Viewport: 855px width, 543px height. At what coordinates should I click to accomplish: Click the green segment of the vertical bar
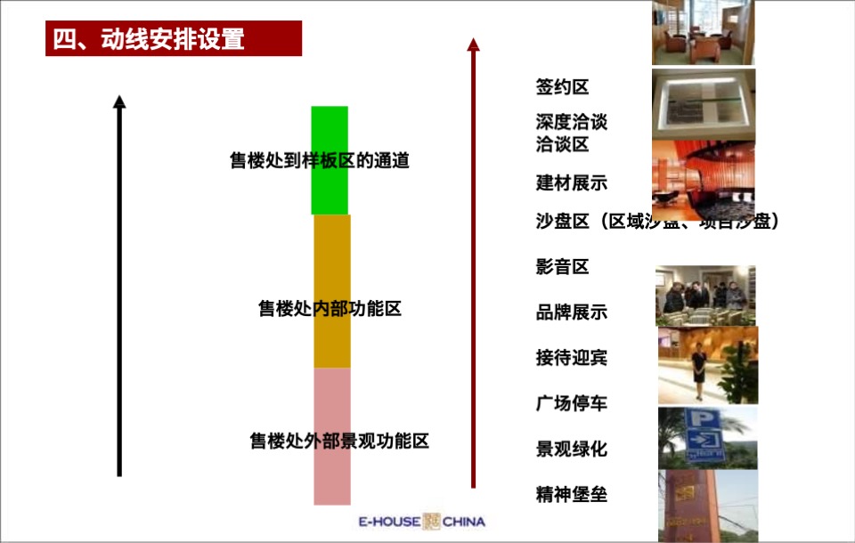point(330,134)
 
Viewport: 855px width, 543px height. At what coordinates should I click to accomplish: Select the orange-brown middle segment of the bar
point(331,267)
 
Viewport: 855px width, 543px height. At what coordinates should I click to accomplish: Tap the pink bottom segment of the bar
point(331,472)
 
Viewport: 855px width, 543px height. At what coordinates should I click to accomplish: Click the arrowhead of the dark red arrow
point(473,44)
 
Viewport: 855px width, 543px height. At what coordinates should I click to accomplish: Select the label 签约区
point(562,87)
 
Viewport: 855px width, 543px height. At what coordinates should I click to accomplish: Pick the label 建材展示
point(571,182)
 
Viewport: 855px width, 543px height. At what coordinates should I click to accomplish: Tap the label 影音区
point(562,266)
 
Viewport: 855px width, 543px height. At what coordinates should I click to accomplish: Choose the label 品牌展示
point(571,312)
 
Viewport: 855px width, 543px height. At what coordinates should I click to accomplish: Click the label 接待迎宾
point(571,358)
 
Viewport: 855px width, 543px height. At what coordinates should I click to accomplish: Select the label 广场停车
point(571,403)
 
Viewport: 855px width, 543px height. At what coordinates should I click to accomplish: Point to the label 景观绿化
point(571,449)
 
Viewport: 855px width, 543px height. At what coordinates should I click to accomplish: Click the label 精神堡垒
point(571,494)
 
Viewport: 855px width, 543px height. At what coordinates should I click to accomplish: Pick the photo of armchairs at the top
point(703,33)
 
